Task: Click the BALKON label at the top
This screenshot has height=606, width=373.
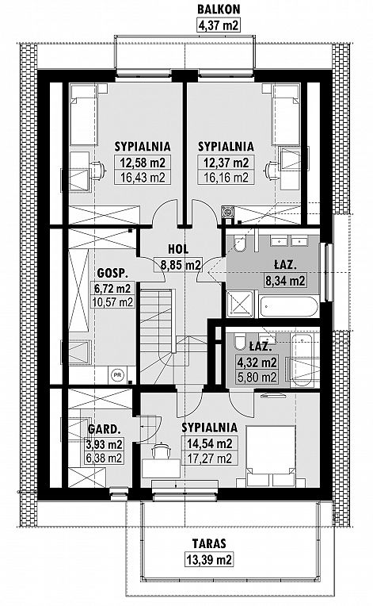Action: coord(219,9)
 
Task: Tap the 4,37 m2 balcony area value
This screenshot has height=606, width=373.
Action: coord(219,25)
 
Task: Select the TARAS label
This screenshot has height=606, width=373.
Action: coord(209,543)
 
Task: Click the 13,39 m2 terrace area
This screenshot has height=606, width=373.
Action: coord(209,559)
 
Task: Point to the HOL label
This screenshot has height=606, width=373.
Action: coord(178,249)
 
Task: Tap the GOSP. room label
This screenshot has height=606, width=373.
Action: coord(112,273)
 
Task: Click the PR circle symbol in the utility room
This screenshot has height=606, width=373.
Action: coord(116,374)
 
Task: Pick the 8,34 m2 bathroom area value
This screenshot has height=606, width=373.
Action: coord(284,280)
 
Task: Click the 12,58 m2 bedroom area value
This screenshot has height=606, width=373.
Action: coord(143,163)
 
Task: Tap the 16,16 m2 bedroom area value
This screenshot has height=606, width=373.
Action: coord(226,178)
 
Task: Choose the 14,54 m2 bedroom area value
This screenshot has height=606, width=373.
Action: coord(209,443)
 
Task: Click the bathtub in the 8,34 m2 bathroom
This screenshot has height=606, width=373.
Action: coord(289,306)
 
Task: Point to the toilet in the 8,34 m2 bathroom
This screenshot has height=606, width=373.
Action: coord(240,243)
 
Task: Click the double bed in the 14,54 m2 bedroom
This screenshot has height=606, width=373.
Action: coord(271,456)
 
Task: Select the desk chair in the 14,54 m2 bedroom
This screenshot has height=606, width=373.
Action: coord(161,451)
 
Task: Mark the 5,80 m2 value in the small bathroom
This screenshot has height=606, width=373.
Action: coord(257,377)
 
